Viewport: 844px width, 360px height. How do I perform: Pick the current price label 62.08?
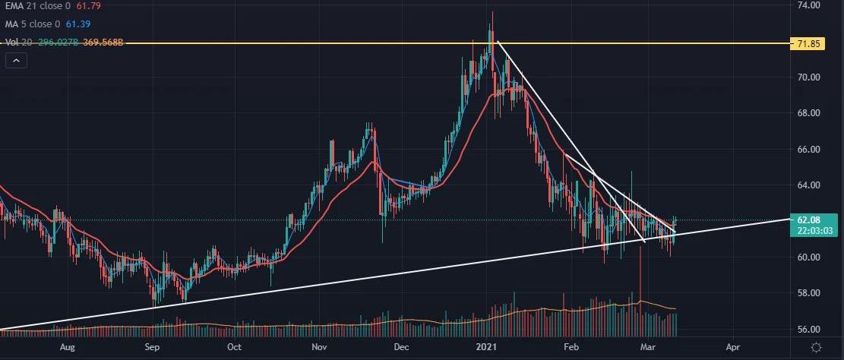(807, 219)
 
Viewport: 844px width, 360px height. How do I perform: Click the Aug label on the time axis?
(68, 347)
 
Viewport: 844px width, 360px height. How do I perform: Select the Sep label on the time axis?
(153, 347)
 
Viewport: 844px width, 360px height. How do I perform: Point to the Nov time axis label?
(319, 347)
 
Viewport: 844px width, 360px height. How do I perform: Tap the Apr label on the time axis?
(732, 347)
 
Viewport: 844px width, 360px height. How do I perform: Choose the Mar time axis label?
(648, 347)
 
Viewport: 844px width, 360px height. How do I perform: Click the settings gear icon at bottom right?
(816, 347)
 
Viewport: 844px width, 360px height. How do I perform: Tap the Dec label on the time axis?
(402, 347)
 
